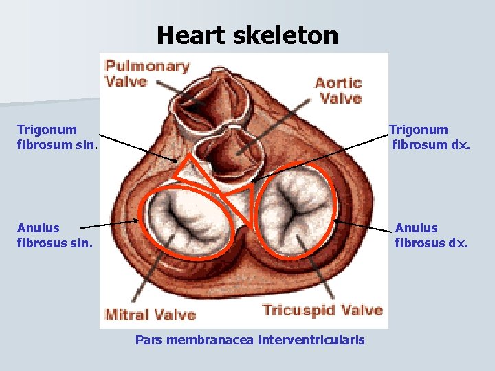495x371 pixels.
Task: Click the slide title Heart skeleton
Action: point(247,35)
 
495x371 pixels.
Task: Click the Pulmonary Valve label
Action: point(147,74)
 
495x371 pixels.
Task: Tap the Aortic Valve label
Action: point(338,90)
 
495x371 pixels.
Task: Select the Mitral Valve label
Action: point(151,315)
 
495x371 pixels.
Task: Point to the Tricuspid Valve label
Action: point(322,310)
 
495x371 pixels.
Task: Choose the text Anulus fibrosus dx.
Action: point(431,235)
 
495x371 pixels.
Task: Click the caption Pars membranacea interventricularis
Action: point(250,340)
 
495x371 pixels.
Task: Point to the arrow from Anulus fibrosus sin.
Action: point(110,224)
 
